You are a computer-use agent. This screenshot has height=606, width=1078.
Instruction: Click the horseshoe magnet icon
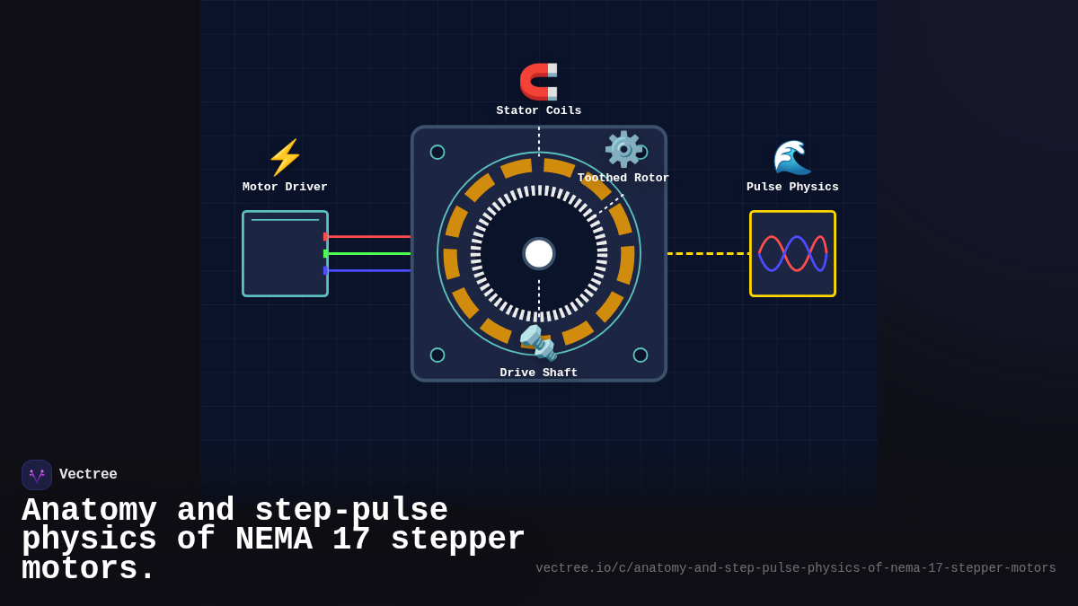[x=539, y=81]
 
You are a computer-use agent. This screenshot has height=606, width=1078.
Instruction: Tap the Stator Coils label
[x=539, y=111]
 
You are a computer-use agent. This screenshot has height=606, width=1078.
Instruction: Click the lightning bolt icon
[x=285, y=158]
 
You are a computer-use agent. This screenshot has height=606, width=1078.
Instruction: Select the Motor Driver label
[x=285, y=188]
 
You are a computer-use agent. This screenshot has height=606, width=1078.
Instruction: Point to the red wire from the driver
[x=368, y=237]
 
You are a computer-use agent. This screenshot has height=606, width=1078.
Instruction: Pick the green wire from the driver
[x=368, y=254]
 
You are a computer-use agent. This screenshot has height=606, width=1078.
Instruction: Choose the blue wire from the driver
[x=368, y=270]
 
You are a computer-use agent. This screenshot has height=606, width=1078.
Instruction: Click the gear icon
[x=623, y=149]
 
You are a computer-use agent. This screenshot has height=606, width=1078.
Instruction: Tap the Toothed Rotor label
[x=623, y=179]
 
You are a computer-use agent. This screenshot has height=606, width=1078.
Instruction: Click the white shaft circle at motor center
[x=539, y=254]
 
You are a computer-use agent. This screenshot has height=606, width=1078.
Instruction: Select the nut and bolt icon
[x=539, y=342]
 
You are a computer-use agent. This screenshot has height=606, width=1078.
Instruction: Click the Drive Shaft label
[x=539, y=373]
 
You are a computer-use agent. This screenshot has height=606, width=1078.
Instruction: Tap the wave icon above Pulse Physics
[x=792, y=158]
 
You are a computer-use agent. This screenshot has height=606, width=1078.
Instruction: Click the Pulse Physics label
[x=792, y=188]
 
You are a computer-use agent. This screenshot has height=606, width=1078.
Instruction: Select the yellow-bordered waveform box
[x=792, y=254]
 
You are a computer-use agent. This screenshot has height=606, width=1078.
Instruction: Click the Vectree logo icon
[x=37, y=475]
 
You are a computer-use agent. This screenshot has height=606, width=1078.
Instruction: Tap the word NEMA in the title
[x=274, y=540]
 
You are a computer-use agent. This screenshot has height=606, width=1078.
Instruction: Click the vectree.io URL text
[x=796, y=568]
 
